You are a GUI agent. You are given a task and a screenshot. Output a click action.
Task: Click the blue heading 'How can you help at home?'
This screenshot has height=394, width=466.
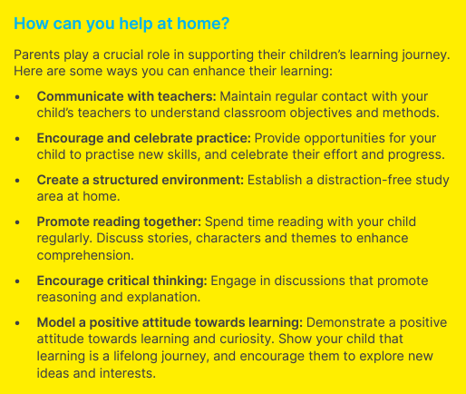[x=121, y=24]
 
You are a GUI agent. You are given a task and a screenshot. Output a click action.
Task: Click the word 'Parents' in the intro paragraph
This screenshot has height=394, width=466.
[x=37, y=54]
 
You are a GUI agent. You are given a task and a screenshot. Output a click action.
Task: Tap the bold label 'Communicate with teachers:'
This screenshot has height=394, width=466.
[x=127, y=96]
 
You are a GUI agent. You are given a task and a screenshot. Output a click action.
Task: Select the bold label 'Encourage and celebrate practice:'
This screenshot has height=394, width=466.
[x=144, y=139]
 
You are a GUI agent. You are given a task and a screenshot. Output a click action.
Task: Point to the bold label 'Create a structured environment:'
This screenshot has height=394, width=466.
[x=141, y=180]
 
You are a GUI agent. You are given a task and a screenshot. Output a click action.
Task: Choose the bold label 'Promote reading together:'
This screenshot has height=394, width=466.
[x=119, y=222]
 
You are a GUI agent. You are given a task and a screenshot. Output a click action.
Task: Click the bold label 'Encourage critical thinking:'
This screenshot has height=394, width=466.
[x=122, y=281]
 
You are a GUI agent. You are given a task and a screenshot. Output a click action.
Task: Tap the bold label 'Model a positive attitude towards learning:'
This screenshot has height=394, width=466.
[x=170, y=322]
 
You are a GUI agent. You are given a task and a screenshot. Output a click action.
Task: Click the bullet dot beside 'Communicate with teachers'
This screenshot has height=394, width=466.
[x=17, y=97]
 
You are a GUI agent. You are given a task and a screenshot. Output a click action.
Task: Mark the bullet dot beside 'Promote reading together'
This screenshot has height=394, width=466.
[x=17, y=222]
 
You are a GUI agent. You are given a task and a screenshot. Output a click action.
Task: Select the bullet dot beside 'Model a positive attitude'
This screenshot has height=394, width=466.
[x=17, y=323]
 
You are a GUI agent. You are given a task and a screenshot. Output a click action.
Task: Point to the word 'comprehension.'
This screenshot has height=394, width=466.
[x=85, y=255]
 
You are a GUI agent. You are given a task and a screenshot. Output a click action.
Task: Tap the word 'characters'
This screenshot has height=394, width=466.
[x=228, y=238]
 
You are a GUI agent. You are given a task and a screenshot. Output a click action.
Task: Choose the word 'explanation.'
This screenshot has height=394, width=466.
[x=163, y=298]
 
